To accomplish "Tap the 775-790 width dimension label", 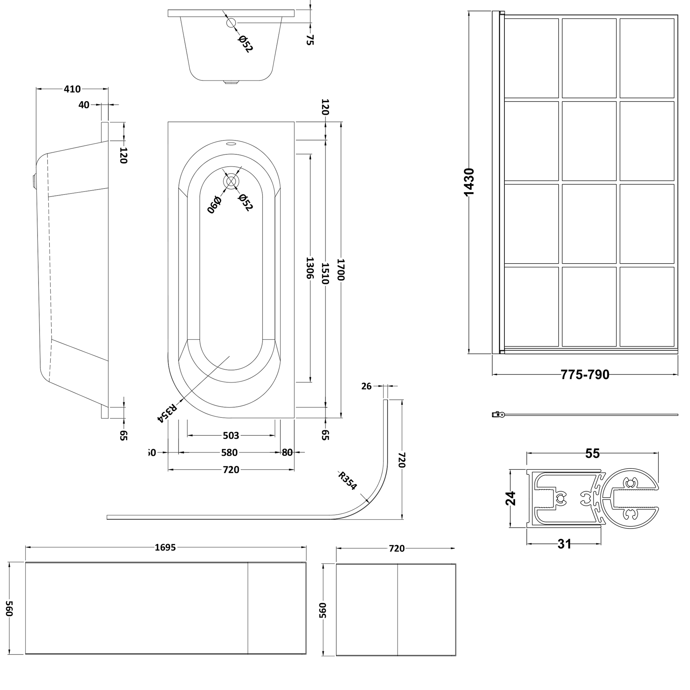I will pos(585,375).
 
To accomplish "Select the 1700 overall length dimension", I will pos(341,270).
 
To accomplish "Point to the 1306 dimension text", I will pos(310,268).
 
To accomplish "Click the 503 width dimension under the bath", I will pos(231,435).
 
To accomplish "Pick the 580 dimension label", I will pos(229,453).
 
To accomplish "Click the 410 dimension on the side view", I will pos(72,89).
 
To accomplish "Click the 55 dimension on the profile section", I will pos(592,453).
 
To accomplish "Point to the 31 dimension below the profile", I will pos(564,544).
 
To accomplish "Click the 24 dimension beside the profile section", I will pos(511,498).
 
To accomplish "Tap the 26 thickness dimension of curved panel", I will pos(366,386).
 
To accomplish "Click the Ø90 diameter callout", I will pos(214,204).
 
